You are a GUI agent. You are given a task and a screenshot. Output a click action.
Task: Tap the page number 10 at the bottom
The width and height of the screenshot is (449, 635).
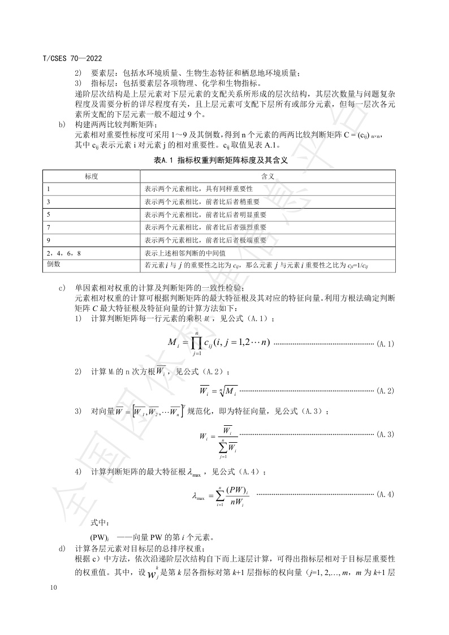54,589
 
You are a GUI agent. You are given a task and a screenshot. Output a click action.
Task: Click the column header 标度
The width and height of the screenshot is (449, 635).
91,176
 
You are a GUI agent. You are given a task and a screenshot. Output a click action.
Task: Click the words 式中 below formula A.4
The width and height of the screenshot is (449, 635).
99,521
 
